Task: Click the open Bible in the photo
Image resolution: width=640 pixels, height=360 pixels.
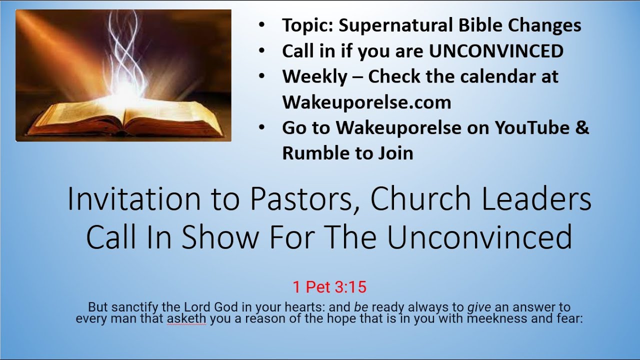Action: pos(125,117)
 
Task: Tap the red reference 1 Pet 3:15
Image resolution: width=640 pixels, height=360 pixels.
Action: pos(329,287)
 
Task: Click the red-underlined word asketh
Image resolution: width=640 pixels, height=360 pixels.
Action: pos(186,318)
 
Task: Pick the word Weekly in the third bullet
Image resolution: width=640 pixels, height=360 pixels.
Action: pos(314,76)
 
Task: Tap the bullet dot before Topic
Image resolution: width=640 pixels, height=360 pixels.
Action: pos(262,25)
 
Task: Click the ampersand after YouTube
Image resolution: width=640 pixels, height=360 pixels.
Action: pos(582,127)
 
